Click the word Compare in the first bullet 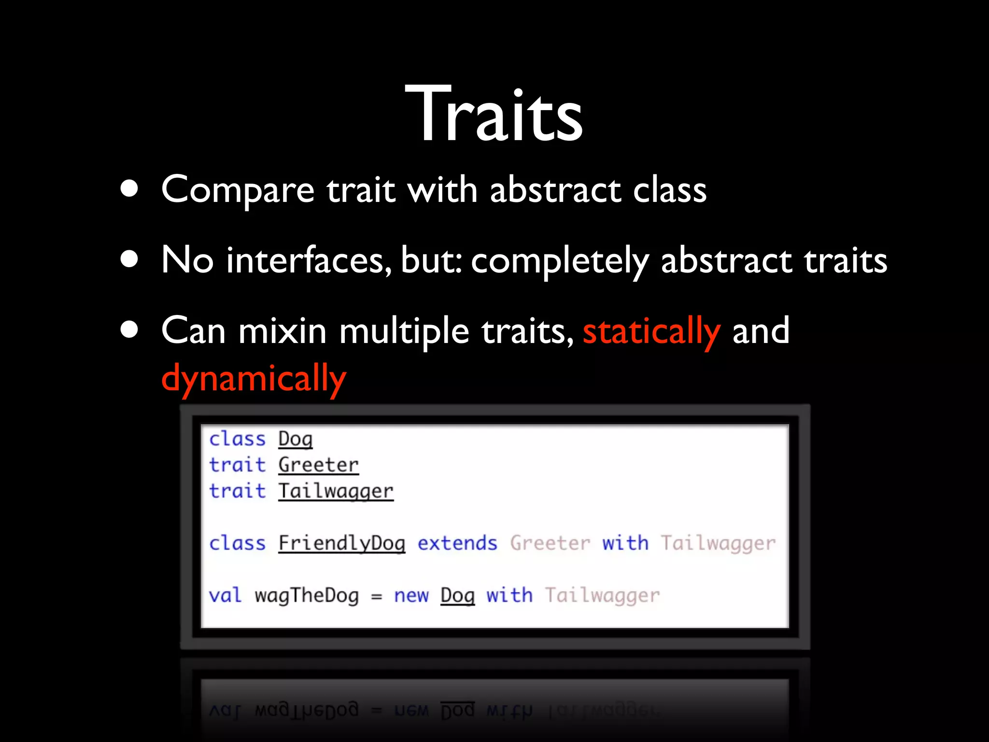tap(238, 190)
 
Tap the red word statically tap(651, 331)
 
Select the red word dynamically tap(254, 379)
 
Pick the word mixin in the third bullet tap(283, 331)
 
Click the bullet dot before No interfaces tap(129, 259)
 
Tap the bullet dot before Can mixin tap(129, 330)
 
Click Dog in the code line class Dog tap(296, 439)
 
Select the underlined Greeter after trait tap(319, 465)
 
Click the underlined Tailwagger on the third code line tap(336, 491)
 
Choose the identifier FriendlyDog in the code tap(342, 543)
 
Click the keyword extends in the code tap(457, 543)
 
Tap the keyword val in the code tap(225, 596)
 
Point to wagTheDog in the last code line tap(307, 596)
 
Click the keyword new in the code tap(411, 596)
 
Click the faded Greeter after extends tap(550, 543)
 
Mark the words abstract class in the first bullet tap(598, 190)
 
